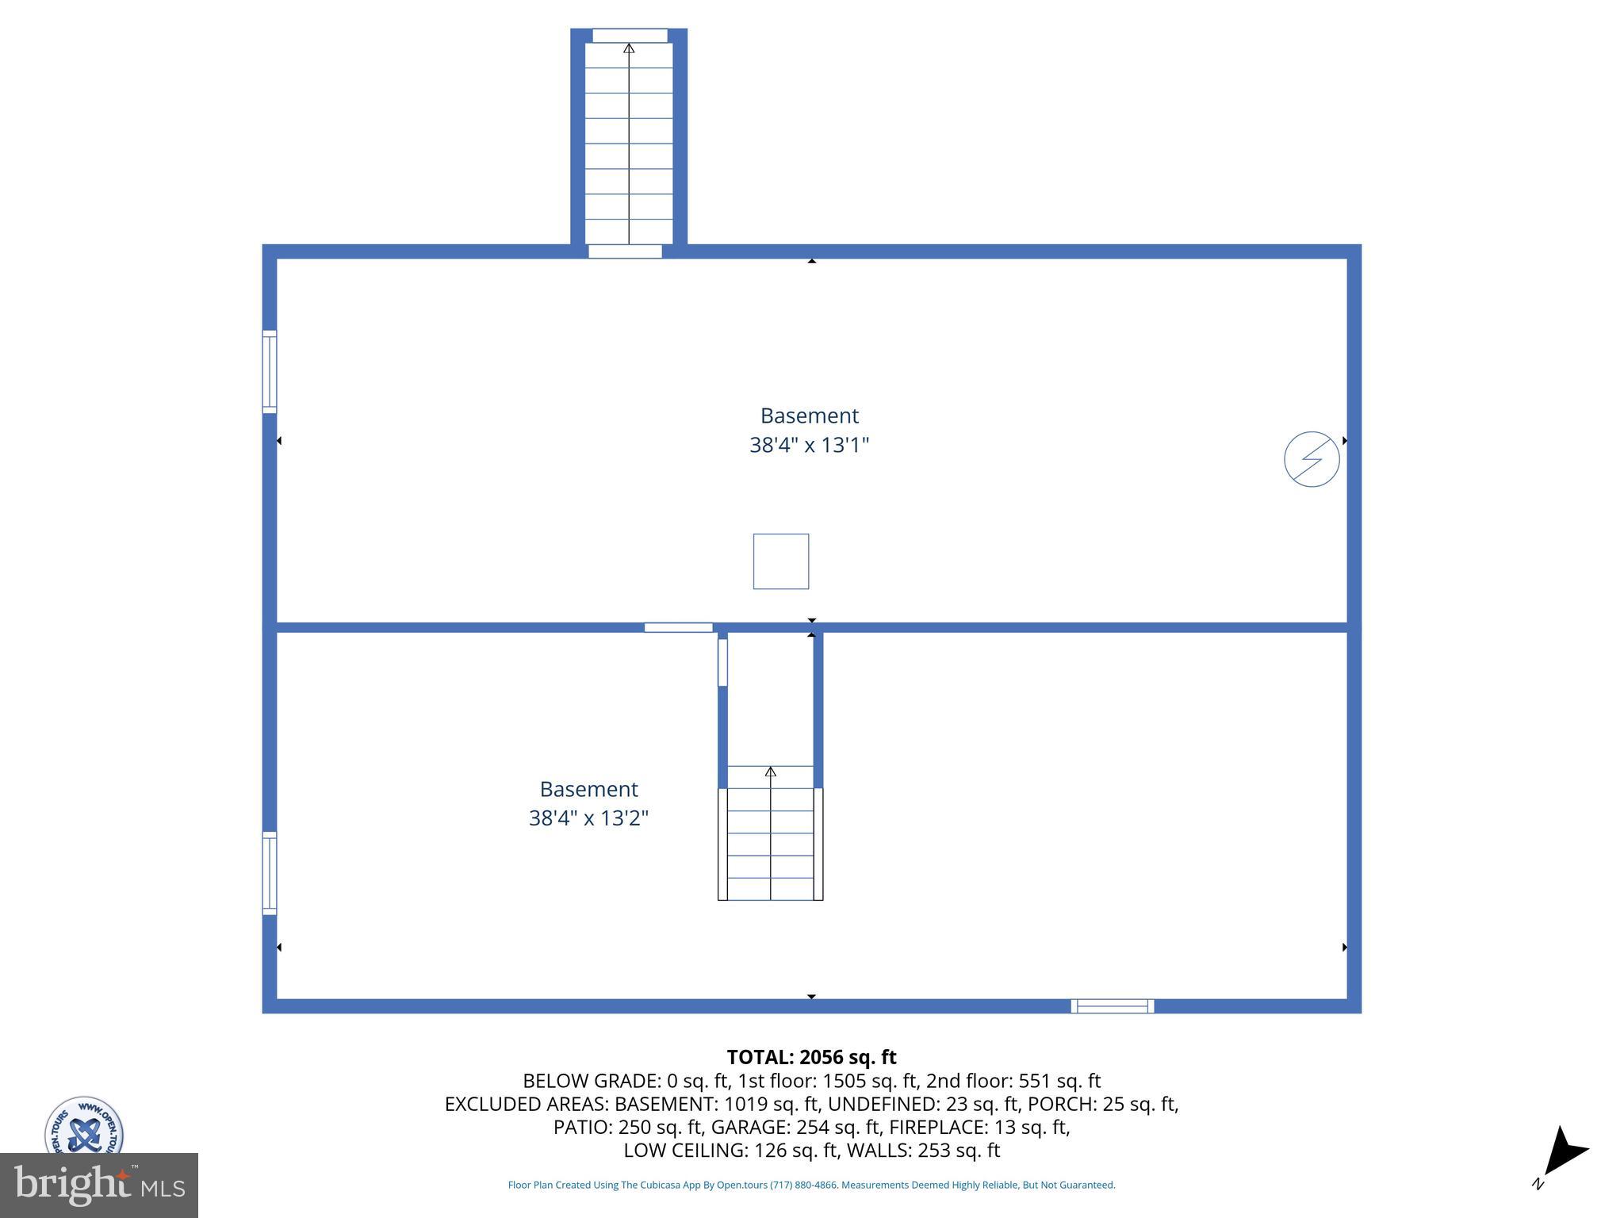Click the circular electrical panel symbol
coord(1312,459)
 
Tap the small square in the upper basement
coord(781,561)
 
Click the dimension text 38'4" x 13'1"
coord(810,445)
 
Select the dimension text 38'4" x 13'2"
coord(588,818)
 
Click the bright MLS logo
coord(99,1185)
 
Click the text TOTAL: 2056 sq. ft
coord(811,1057)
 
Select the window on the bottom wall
coord(1113,1006)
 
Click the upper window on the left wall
coord(270,372)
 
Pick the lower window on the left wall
coord(270,873)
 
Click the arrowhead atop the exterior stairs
coord(629,48)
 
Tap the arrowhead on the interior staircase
coord(770,772)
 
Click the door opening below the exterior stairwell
coord(625,251)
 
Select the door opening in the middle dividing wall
coord(678,628)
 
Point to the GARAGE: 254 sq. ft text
coord(796,1127)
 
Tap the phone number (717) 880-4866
coord(803,1185)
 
